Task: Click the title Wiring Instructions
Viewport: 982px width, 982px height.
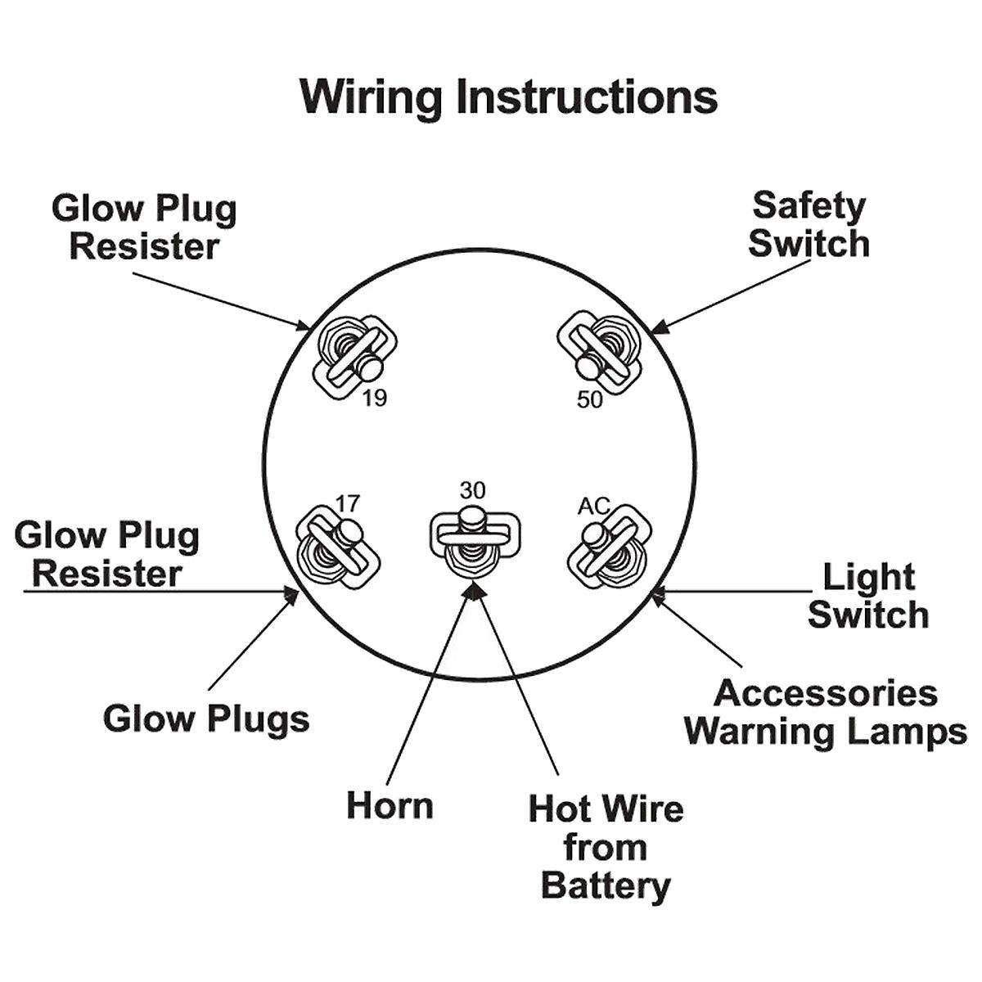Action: tap(508, 97)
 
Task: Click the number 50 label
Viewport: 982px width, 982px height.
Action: tap(589, 400)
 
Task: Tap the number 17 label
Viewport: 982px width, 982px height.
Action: tap(346, 502)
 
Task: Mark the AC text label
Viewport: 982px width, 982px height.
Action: tap(594, 507)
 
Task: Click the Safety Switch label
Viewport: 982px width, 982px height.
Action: tap(809, 225)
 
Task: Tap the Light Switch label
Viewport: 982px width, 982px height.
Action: tap(868, 596)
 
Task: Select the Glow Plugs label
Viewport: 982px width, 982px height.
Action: tap(206, 719)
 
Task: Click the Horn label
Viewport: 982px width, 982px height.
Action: tap(390, 805)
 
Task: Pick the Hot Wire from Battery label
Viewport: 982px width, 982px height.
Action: tap(606, 847)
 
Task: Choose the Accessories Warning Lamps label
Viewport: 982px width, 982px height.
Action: tap(827, 712)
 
